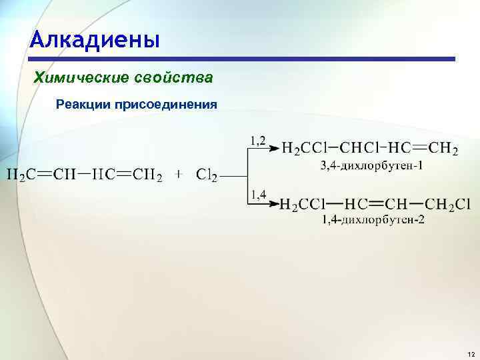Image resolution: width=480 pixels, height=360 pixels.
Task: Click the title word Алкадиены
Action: (x=95, y=39)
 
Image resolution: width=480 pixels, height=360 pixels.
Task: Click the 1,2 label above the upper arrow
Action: (x=258, y=140)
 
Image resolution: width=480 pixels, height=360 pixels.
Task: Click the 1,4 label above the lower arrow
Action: (x=258, y=195)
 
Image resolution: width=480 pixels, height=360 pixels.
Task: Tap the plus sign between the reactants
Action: (x=179, y=174)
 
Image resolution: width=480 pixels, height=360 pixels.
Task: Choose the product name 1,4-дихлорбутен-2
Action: (x=373, y=219)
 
